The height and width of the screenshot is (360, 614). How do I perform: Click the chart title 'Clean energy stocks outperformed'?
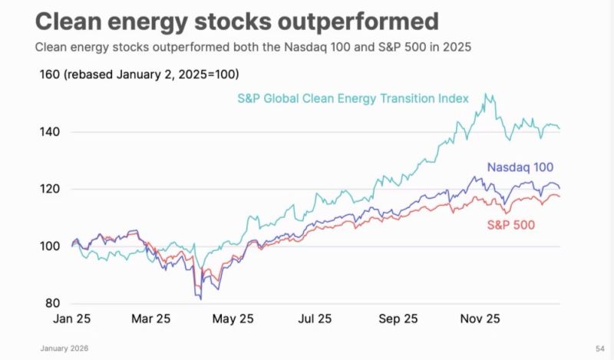[x=237, y=21]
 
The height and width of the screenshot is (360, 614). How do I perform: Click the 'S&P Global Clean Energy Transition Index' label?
[x=364, y=99]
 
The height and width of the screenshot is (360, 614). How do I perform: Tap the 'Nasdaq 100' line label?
[x=520, y=167]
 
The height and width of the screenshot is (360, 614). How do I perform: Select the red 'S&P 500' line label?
[x=510, y=225]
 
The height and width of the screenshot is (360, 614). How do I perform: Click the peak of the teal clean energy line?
[x=485, y=94]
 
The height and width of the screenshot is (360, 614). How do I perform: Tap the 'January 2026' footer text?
[x=64, y=348]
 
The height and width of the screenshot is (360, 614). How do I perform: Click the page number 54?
[x=599, y=348]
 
